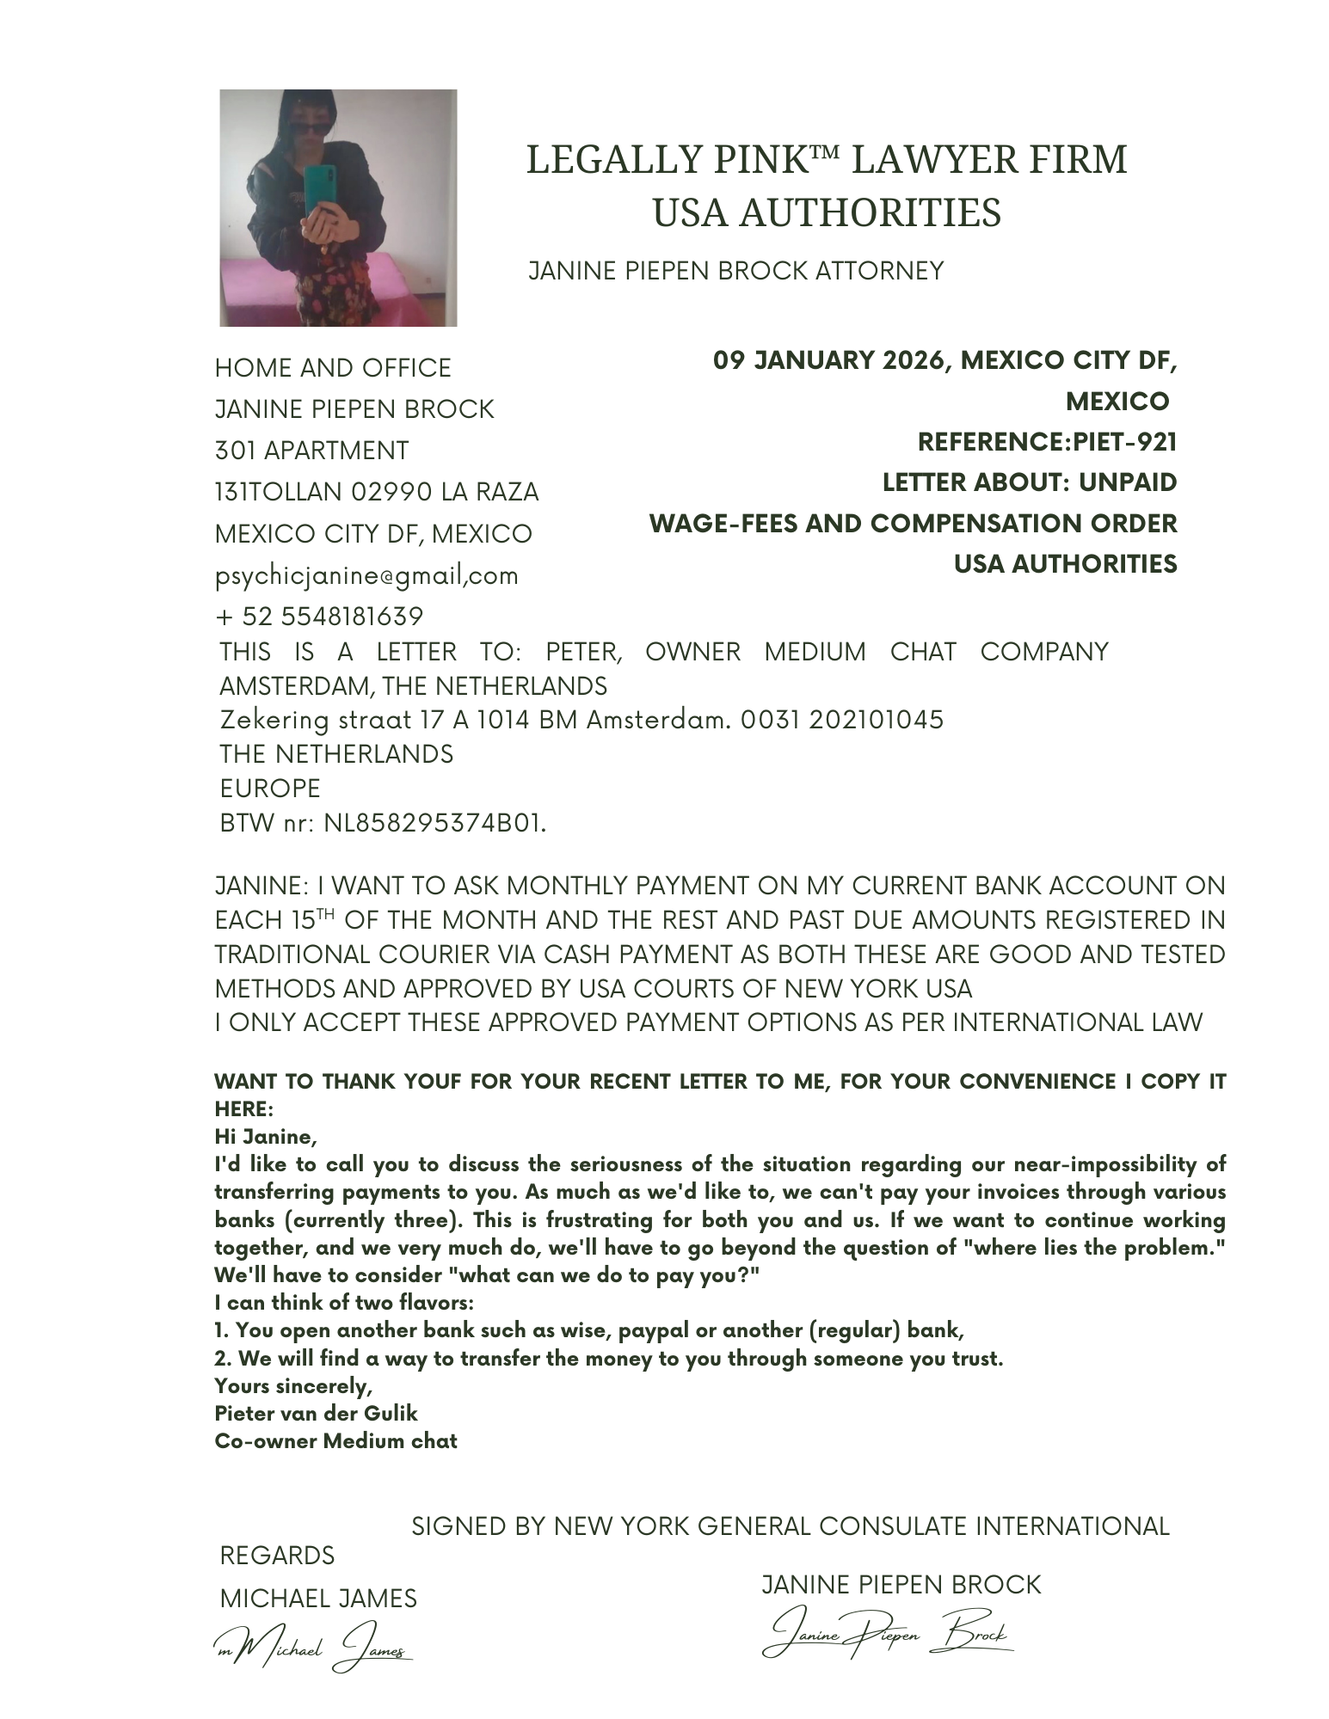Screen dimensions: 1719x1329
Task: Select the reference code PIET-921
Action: [x=1124, y=442]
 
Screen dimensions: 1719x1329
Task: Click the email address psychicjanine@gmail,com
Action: [x=366, y=575]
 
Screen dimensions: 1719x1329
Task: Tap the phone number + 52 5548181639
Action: [x=319, y=617]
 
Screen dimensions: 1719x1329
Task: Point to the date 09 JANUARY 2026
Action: [x=830, y=360]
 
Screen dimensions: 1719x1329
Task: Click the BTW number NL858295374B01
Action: [x=434, y=823]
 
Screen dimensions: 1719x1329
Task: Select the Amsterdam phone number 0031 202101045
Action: [x=841, y=720]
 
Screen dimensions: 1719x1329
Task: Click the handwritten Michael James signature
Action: [x=314, y=1646]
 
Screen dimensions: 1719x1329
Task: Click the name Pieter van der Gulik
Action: [x=316, y=1413]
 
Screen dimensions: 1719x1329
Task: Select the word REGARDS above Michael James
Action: [x=277, y=1555]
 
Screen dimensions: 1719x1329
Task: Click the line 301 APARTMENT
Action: [x=311, y=451]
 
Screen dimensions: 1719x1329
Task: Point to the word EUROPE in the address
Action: [x=270, y=789]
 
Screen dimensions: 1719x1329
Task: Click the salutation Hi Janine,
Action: [x=266, y=1137]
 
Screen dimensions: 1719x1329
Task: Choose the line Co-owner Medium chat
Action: [x=335, y=1440]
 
